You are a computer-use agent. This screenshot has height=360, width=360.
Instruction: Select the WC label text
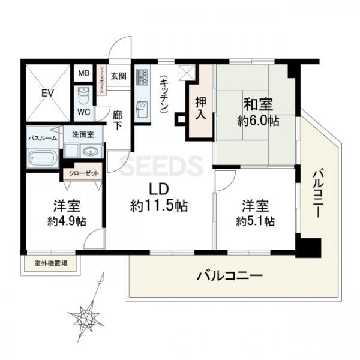(83, 112)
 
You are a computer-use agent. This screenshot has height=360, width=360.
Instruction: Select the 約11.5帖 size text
(159, 206)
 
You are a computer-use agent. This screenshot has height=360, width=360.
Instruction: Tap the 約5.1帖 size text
(255, 221)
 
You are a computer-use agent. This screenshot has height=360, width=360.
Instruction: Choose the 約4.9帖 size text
(65, 221)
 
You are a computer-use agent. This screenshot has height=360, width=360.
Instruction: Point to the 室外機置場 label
(50, 263)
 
